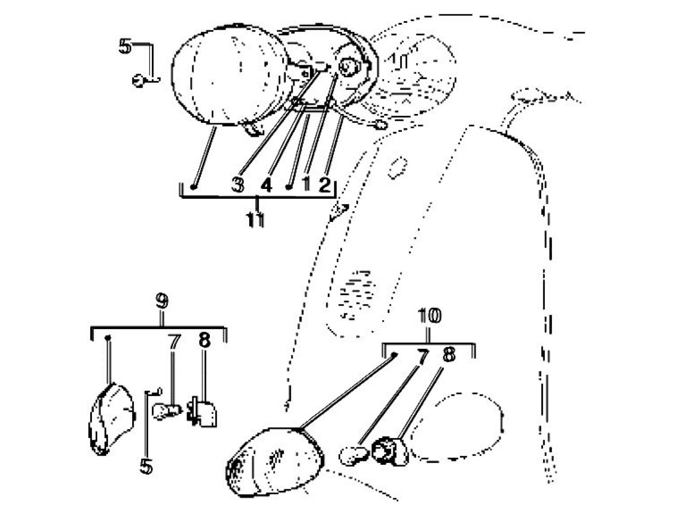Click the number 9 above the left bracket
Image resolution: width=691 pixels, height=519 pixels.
[x=162, y=301]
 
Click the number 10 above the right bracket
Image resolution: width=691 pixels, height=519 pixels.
[x=429, y=316]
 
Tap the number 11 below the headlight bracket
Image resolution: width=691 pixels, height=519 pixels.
[x=256, y=220]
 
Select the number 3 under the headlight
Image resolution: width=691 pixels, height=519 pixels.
[x=238, y=185]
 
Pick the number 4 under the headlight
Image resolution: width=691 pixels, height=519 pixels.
[x=266, y=185]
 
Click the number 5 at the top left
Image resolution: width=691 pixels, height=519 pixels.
[x=125, y=46]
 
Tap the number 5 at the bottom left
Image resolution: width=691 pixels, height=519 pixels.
[x=146, y=466]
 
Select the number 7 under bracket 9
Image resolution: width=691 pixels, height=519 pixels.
[x=174, y=341]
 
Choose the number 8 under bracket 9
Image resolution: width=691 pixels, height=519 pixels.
[x=204, y=340]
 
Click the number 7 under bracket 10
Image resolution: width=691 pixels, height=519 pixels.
[x=422, y=356]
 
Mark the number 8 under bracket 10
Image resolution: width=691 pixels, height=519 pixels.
[x=448, y=354]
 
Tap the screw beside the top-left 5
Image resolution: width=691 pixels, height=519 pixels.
[x=140, y=80]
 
